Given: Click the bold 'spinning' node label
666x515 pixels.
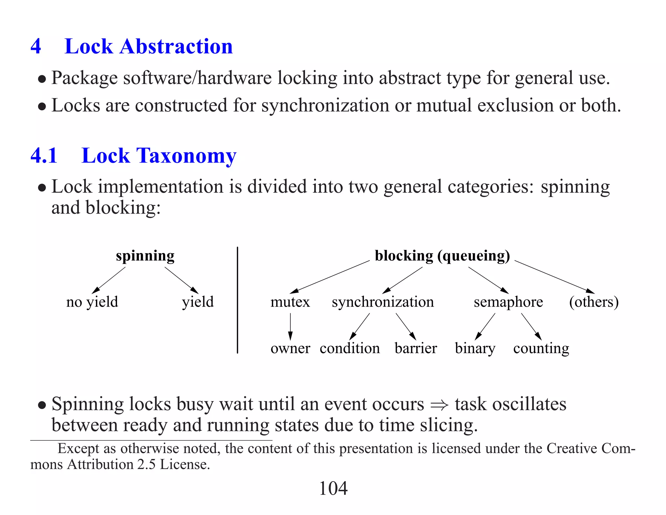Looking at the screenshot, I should (145, 256).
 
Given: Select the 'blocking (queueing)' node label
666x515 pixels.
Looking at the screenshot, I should (442, 256).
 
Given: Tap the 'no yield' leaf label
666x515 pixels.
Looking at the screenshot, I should (92, 302).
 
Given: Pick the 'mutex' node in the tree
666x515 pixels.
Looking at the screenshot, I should (290, 302).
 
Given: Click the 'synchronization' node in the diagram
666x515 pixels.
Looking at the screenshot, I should (383, 302).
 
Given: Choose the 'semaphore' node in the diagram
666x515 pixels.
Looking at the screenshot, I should (508, 302).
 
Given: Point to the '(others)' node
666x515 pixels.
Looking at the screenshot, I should (594, 302).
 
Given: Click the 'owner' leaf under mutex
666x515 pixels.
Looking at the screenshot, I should (290, 348).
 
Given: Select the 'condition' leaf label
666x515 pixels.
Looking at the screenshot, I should (350, 348).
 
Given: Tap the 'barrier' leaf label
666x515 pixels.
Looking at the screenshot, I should (416, 348).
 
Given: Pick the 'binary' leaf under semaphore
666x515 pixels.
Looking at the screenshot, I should (475, 348).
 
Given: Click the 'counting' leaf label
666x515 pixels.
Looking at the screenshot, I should (541, 348).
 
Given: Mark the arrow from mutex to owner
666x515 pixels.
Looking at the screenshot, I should (290, 327).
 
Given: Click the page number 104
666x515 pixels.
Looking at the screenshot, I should (333, 488).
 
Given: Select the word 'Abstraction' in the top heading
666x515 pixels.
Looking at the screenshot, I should (176, 46).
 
